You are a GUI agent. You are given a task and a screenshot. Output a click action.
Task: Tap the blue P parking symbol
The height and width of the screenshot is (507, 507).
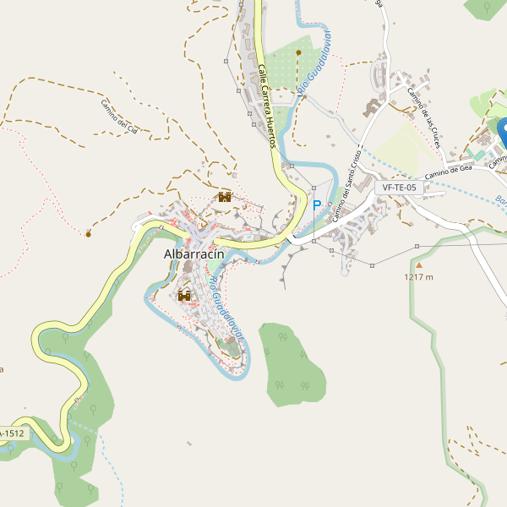(x=318, y=205)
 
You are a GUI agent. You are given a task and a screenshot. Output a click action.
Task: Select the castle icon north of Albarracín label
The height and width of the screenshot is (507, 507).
(x=224, y=197)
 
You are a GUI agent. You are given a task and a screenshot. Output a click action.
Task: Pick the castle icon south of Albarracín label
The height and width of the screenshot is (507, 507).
(x=184, y=296)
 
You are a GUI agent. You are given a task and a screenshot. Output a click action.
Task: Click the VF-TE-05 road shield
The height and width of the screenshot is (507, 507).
(x=399, y=188)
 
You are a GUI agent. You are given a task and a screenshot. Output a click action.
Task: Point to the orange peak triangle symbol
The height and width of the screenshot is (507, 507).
(x=417, y=265)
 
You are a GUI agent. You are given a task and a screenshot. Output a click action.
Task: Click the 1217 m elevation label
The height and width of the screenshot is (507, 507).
(x=418, y=277)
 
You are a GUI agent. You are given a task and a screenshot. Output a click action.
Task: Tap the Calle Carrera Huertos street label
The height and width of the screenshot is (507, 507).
(x=268, y=106)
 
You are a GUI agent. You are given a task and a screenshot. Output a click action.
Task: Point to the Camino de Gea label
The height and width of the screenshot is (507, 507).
(x=448, y=171)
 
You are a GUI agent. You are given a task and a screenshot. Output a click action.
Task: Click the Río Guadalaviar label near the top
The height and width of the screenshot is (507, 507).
(x=314, y=63)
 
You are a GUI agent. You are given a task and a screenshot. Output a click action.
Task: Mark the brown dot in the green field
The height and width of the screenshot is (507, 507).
(x=298, y=52)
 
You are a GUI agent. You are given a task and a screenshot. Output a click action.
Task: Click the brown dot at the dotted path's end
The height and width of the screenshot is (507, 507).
(x=88, y=233)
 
